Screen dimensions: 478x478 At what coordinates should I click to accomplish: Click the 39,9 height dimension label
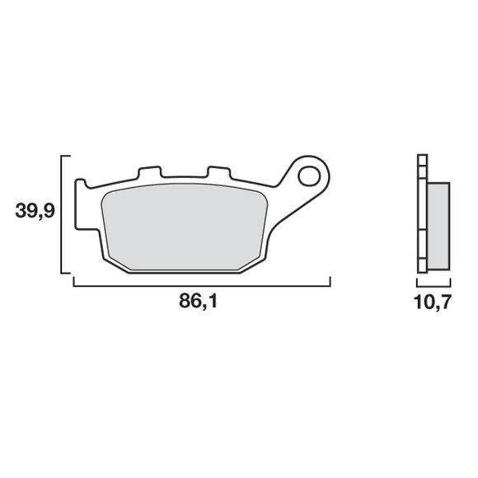tap(35, 212)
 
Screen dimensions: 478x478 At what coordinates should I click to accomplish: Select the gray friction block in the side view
tap(438, 223)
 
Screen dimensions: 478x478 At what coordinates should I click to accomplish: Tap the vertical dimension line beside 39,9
tap(63, 214)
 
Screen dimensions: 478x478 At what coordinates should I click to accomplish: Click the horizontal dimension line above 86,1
tap(202, 284)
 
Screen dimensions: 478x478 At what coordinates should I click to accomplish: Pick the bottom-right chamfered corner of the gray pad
tap(255, 262)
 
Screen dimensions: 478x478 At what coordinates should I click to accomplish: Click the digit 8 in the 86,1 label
tap(185, 302)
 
